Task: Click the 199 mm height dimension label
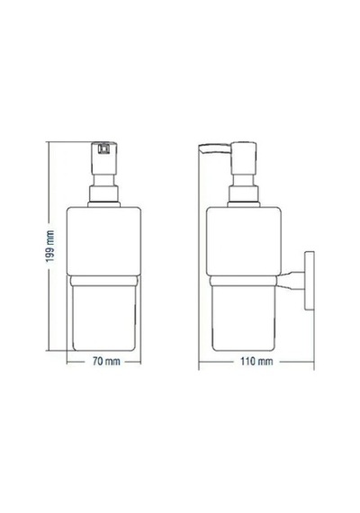(x=50, y=246)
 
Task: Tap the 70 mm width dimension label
(x=106, y=361)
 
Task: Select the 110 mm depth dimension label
(x=256, y=361)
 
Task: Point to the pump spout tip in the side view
(x=201, y=148)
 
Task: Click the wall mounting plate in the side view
(x=310, y=281)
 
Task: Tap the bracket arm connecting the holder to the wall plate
(x=292, y=281)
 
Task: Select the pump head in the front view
(x=104, y=157)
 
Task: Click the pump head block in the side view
(x=244, y=157)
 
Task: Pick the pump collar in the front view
(x=103, y=196)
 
